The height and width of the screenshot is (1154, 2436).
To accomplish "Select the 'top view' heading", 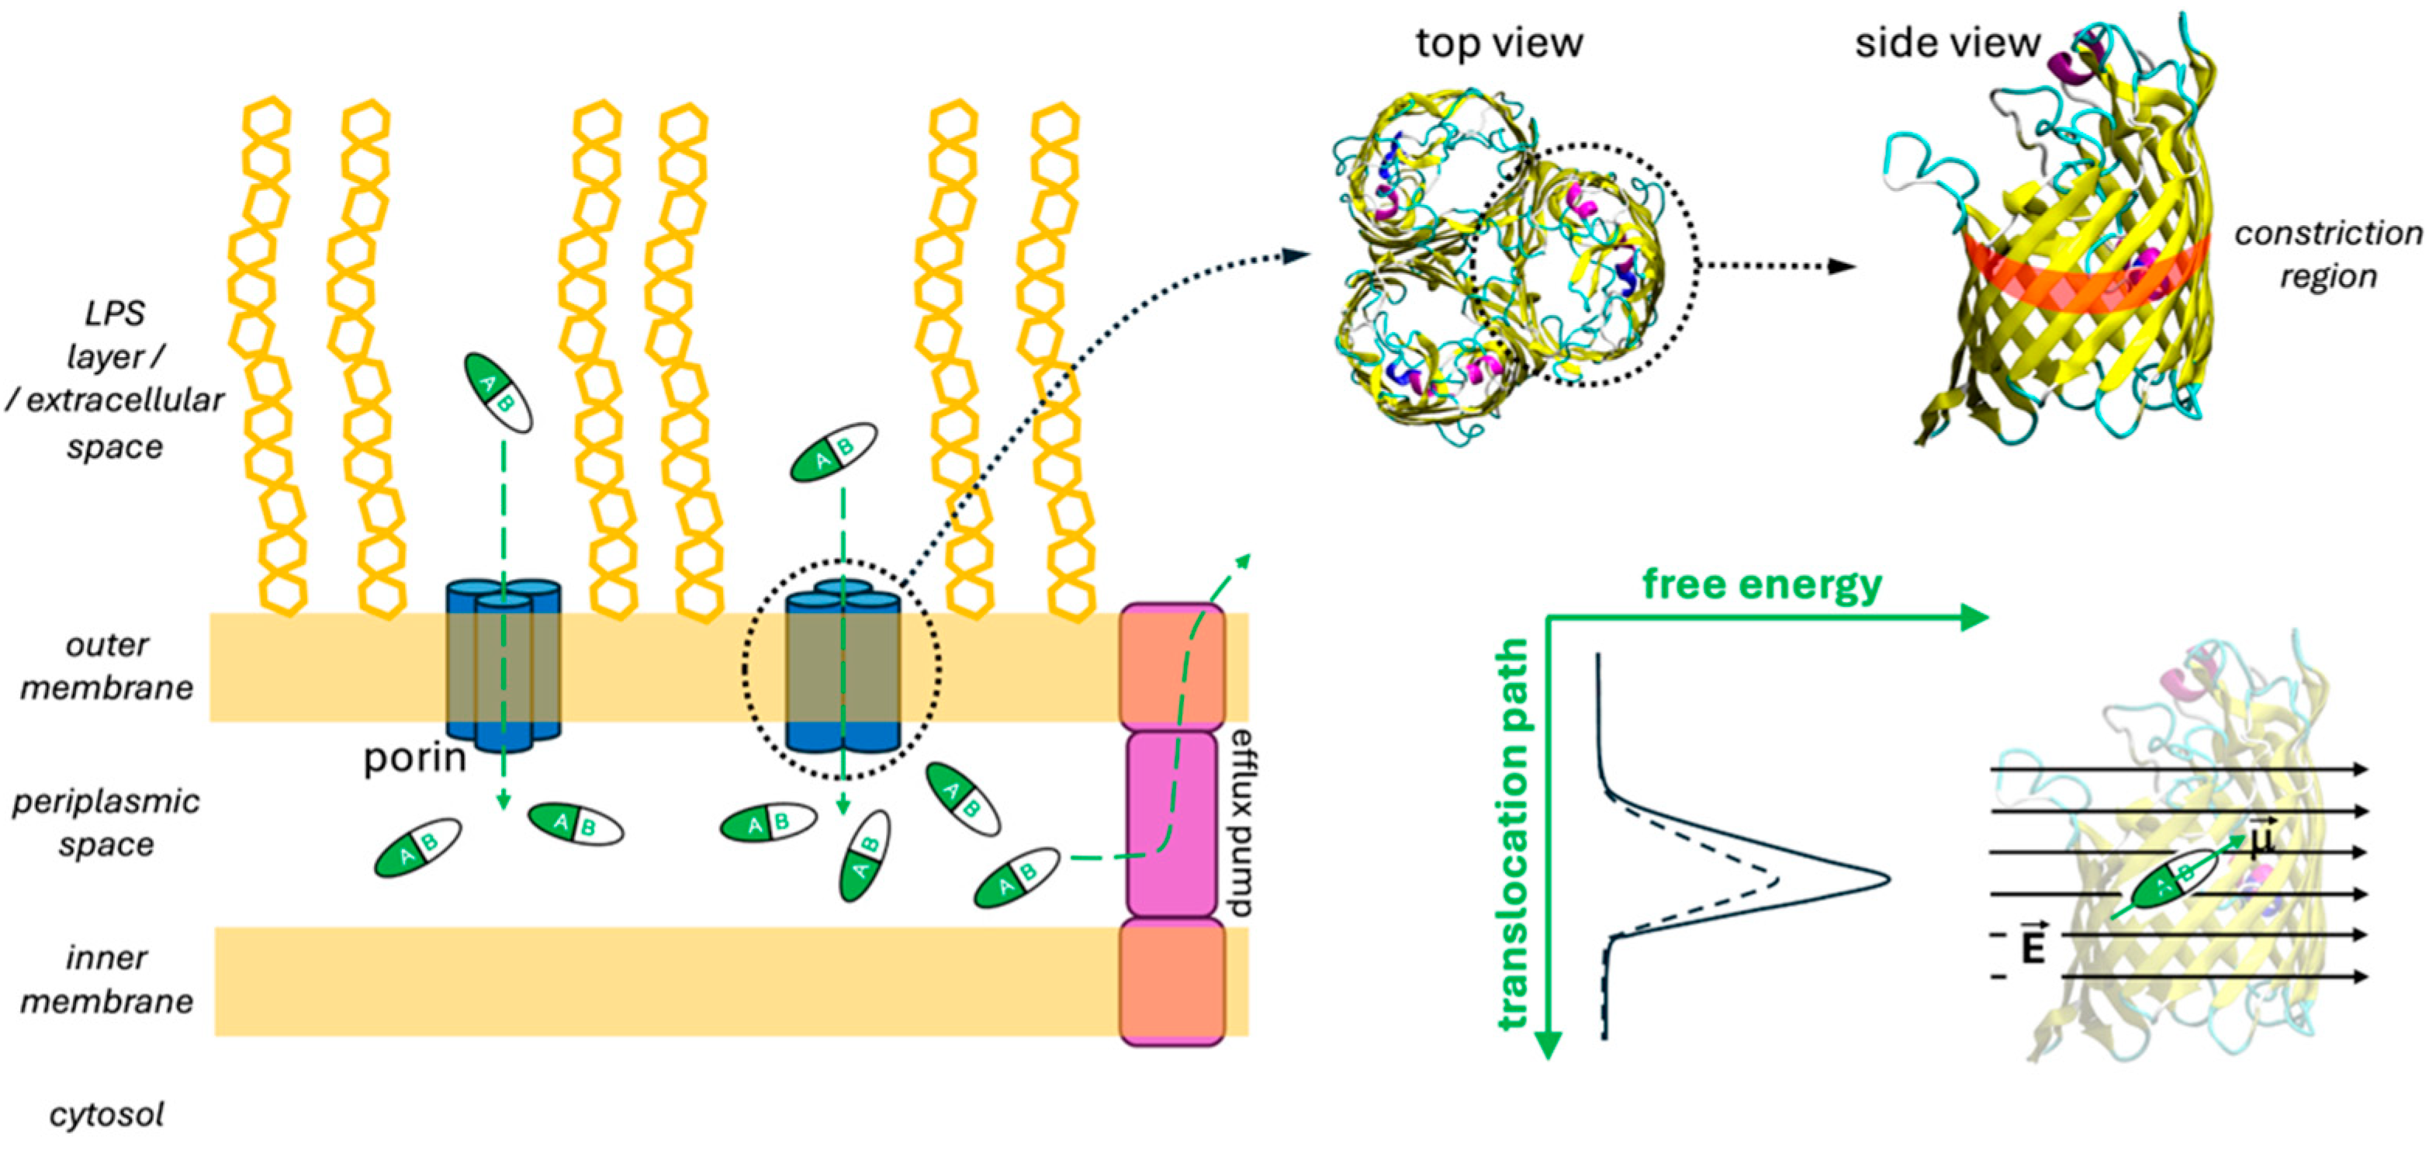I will tap(1498, 43).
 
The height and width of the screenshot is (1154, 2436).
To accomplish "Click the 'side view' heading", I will tap(1947, 43).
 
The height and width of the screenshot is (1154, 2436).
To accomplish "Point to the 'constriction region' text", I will tap(2327, 255).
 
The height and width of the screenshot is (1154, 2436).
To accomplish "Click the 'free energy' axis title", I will tap(1762, 584).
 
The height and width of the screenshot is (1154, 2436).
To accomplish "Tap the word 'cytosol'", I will tap(107, 1114).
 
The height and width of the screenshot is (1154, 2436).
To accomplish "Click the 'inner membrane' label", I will tap(107, 979).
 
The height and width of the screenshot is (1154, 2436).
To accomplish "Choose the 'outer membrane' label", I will tap(107, 666).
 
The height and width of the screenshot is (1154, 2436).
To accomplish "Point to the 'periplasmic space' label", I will tap(107, 822).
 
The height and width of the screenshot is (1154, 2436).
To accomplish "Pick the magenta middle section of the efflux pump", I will tap(1171, 823).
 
